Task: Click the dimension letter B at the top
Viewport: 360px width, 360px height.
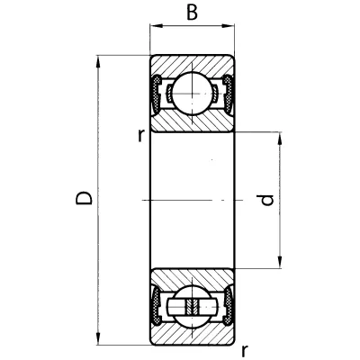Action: [192, 13]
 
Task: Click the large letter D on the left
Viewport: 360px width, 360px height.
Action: [84, 198]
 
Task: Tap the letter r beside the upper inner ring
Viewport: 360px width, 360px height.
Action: [140, 135]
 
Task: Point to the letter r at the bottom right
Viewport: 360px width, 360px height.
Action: [245, 351]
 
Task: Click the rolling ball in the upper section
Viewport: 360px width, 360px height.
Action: [192, 94]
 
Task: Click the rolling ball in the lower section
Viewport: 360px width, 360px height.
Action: [192, 307]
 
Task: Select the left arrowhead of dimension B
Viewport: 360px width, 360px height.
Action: [156, 26]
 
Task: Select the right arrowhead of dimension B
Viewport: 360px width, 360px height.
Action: [228, 26]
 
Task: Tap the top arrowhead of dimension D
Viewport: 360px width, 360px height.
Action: [97, 62]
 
